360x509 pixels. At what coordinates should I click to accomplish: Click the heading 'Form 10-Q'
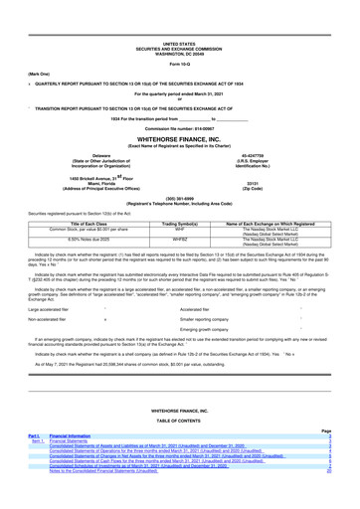[179, 39]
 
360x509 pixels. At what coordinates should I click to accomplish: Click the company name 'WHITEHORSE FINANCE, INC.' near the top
[179, 112]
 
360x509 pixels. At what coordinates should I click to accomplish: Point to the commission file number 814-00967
[179, 102]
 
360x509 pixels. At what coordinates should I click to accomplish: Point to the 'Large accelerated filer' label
[42, 281]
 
